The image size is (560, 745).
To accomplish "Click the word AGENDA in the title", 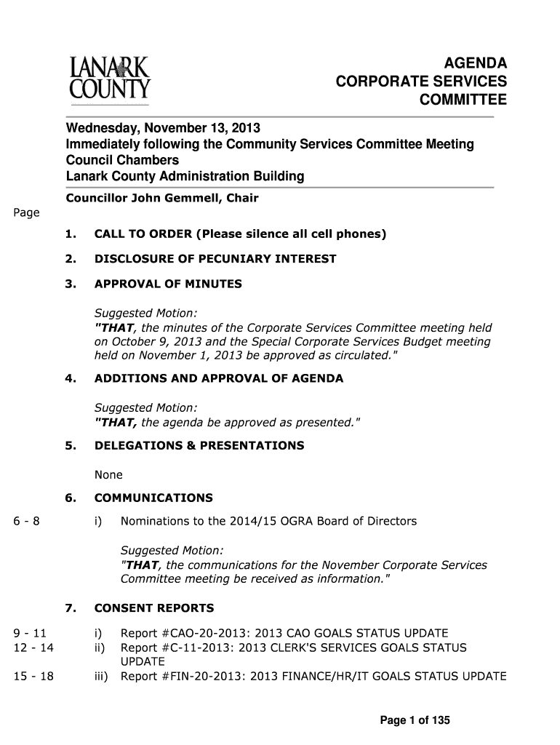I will (x=476, y=64).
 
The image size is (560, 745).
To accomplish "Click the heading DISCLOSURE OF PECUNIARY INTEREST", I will (x=215, y=259).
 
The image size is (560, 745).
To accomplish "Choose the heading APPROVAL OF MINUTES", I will (x=168, y=284).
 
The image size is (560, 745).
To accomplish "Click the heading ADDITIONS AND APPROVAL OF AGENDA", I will (x=219, y=378).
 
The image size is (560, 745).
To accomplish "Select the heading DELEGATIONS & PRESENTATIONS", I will (x=199, y=445).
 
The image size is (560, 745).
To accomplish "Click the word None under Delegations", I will (x=108, y=475).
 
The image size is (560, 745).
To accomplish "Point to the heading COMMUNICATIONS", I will (x=153, y=498).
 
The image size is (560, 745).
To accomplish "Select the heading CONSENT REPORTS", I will (x=154, y=608).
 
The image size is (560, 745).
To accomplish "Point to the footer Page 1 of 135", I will (x=415, y=721).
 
